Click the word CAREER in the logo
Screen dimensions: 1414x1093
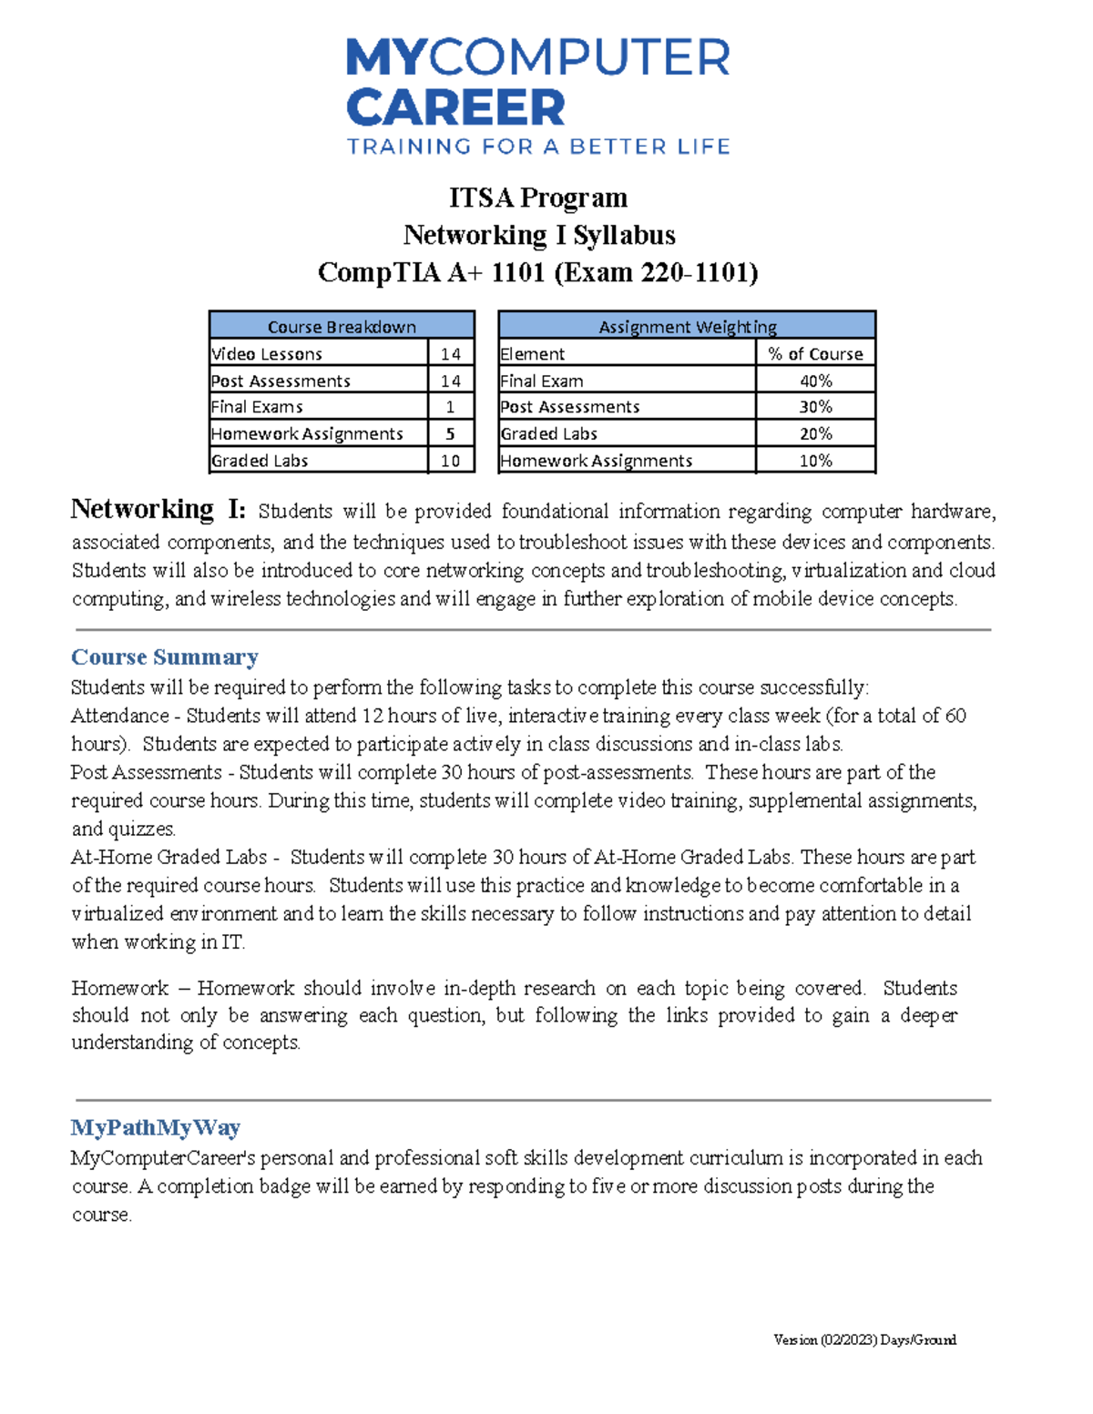[455, 107]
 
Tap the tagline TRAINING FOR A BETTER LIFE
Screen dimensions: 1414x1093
[538, 147]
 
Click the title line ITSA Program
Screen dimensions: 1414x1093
[537, 198]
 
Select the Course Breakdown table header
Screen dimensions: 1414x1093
[342, 326]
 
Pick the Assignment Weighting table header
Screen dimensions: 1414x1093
[687, 326]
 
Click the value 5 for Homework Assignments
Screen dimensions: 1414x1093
[450, 433]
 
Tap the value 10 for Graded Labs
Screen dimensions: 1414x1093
[450, 461]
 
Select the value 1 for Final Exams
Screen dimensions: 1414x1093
[450, 407]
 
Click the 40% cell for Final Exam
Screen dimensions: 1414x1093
[815, 381]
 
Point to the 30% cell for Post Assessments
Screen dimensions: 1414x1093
[815, 407]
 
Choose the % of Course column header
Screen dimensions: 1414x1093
[815, 353]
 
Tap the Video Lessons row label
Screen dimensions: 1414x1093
[267, 353]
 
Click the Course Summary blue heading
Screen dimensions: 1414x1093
[165, 656]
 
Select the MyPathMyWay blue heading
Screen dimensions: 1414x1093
[156, 1127]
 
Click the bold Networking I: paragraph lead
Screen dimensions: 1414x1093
[158, 509]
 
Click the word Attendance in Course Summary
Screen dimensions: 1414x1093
[120, 716]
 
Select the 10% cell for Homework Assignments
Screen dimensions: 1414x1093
[815, 461]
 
